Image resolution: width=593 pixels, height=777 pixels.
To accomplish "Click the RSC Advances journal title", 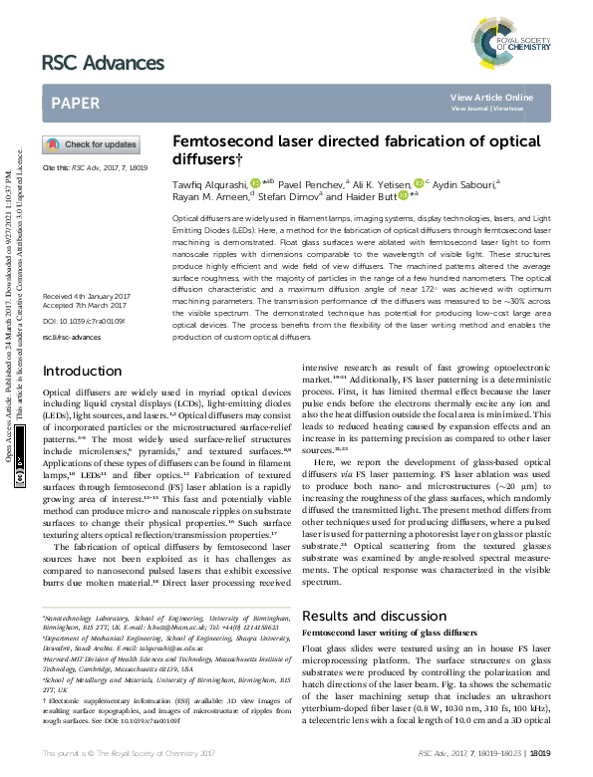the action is pos(103,63).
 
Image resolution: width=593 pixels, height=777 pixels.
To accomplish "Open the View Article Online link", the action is pos(491,97).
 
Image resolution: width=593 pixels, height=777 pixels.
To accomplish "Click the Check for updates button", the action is pos(91,144).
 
